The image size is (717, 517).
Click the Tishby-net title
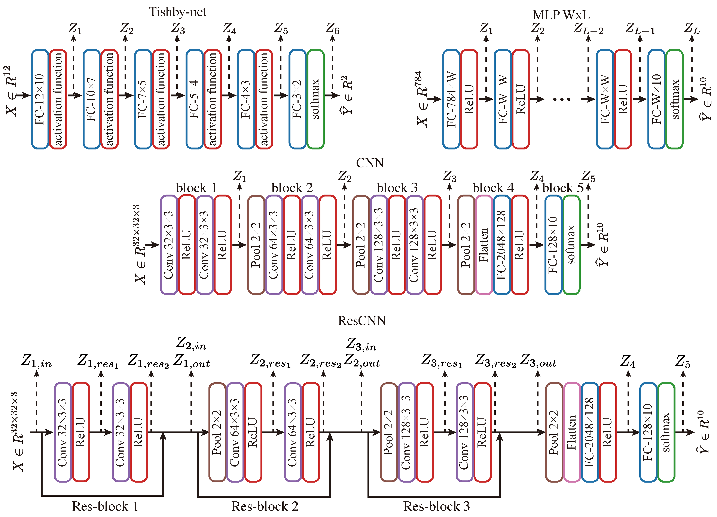[x=177, y=12]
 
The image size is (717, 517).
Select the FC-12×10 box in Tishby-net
[x=40, y=99]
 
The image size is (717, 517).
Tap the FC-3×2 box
[x=297, y=99]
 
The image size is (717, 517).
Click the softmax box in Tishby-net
[x=315, y=99]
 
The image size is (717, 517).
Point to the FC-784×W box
[x=451, y=99]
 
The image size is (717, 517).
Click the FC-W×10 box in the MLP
[x=656, y=99]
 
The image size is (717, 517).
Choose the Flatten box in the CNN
[x=484, y=245]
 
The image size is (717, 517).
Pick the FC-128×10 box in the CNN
[x=553, y=245]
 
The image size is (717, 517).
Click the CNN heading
[x=370, y=163]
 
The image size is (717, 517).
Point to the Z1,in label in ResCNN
[x=36, y=361]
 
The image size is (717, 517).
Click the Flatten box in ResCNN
[x=572, y=432]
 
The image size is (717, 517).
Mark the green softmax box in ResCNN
[x=666, y=432]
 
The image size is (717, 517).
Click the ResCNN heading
[x=362, y=321]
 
